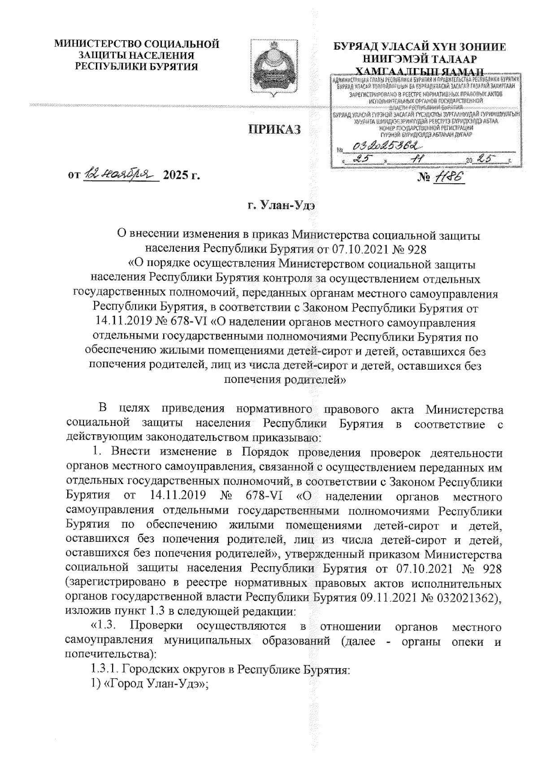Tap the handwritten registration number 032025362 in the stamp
tap(386, 146)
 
